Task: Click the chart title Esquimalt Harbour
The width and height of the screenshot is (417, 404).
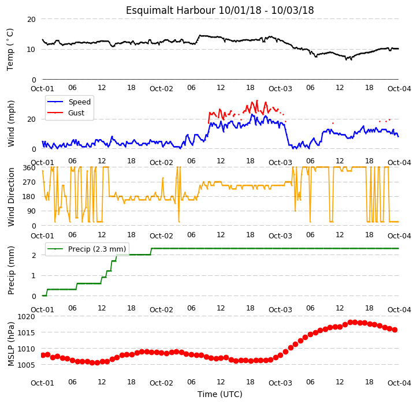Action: click(x=170, y=10)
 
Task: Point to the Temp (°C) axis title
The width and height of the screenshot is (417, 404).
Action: click(x=10, y=50)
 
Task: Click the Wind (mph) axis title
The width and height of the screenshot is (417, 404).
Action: click(x=11, y=124)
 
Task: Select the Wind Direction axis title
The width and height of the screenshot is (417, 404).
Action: click(x=11, y=197)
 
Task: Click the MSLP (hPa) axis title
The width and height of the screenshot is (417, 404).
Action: click(x=11, y=344)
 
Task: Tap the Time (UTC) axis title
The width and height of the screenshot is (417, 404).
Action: click(x=220, y=394)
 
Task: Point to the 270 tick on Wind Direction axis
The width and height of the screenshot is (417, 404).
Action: click(x=29, y=182)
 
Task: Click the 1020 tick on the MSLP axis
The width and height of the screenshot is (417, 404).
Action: click(x=27, y=316)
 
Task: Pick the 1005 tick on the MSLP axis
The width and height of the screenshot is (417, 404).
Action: click(x=27, y=365)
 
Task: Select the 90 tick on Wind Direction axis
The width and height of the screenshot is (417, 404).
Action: click(x=31, y=211)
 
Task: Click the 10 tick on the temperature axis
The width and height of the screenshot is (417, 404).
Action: click(x=31, y=50)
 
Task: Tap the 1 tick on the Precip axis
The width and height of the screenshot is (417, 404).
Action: click(x=33, y=276)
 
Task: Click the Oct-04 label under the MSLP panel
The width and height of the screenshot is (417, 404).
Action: click(x=399, y=383)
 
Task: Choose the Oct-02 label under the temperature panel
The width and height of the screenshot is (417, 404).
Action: click(x=161, y=88)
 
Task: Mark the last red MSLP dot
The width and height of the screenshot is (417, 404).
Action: click(x=395, y=330)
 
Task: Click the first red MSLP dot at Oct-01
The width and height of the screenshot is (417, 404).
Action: click(x=43, y=356)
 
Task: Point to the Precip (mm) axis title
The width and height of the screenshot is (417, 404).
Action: click(x=11, y=270)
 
